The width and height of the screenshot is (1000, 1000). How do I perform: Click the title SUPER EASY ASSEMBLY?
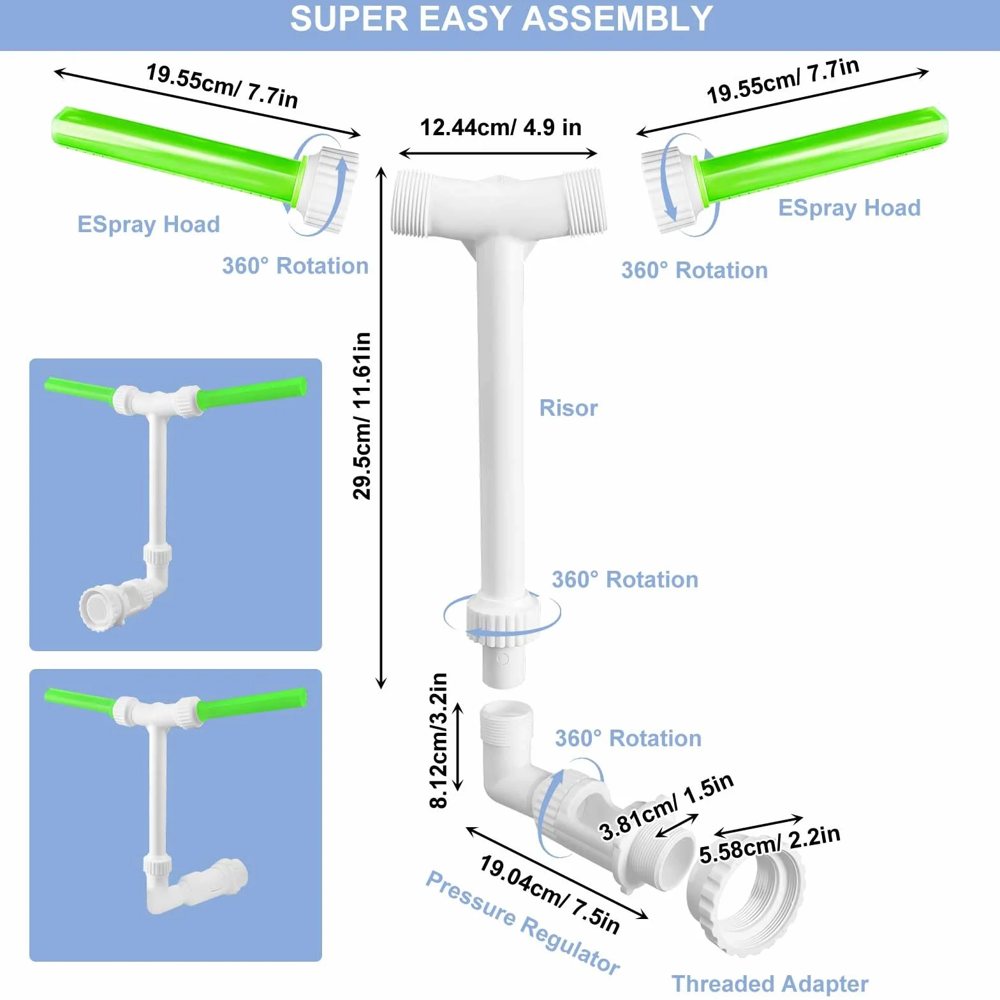point(501,18)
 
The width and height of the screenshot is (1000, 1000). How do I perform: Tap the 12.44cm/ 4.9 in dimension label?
point(501,128)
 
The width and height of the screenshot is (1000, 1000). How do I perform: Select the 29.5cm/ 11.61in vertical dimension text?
point(362,415)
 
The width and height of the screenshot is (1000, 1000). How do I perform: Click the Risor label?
point(568,408)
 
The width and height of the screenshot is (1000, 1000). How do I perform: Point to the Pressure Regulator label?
point(523,922)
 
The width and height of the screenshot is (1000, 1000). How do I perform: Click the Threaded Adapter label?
point(770,983)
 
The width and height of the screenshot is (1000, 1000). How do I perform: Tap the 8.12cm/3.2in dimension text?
point(439,740)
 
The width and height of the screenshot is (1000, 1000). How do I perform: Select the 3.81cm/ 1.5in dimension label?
point(666,807)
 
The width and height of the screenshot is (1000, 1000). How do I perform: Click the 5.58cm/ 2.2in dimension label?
point(770,844)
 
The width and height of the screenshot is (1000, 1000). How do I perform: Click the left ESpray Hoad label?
point(149,224)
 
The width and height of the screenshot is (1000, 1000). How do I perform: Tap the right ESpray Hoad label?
point(849,208)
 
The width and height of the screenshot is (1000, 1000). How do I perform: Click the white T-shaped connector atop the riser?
point(499,204)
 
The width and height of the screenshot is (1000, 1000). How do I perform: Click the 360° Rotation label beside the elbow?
point(628,739)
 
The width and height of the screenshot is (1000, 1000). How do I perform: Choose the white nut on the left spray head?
point(325,187)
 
